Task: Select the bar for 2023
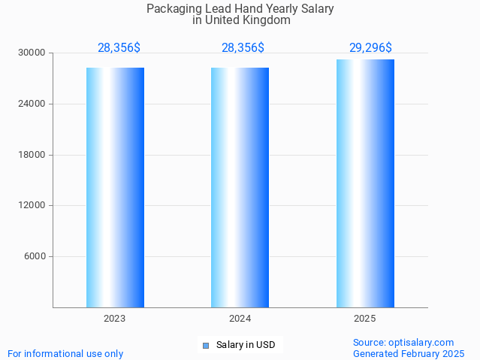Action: pos(115,187)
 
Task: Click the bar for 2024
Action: pos(240,187)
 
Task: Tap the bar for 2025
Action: pos(365,183)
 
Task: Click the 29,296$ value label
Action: pos(370,48)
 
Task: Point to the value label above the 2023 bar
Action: pos(119,48)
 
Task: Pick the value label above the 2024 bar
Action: pos(243,48)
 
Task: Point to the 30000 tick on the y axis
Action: pos(32,53)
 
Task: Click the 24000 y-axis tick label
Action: pos(32,104)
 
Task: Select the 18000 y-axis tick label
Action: pos(32,155)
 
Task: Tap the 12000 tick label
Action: pos(32,205)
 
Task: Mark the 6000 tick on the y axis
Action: pos(35,256)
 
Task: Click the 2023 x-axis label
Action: pos(115,319)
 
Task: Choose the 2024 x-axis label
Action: pos(240,319)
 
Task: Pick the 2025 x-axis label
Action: pos(365,319)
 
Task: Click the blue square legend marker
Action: pos(205,346)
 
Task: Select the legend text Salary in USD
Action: pos(246,346)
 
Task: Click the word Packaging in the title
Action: pos(174,9)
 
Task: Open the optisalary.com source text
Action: pos(403,343)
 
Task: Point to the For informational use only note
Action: pos(65,353)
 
